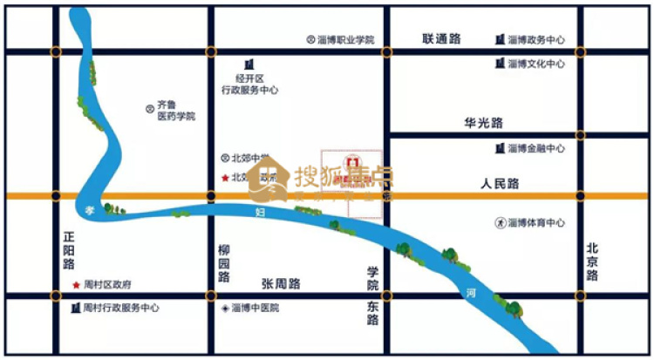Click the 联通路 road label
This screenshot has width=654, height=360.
[x=441, y=39]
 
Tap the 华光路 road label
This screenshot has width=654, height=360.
[x=484, y=124]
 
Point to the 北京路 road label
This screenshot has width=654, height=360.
[x=593, y=262]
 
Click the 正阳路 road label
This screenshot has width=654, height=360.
[x=69, y=249]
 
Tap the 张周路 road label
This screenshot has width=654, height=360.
[x=281, y=283]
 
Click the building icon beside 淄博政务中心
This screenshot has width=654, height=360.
[x=500, y=40]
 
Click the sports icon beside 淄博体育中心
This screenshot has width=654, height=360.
[x=500, y=223]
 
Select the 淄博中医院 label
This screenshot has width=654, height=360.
[x=255, y=308]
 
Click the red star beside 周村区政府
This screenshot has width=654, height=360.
[x=76, y=285]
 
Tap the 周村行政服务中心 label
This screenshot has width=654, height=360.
[x=121, y=308]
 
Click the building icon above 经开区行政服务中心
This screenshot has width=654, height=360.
[x=249, y=64]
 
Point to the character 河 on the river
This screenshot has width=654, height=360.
[x=471, y=294]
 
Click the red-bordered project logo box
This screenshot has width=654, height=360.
[x=352, y=175]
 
